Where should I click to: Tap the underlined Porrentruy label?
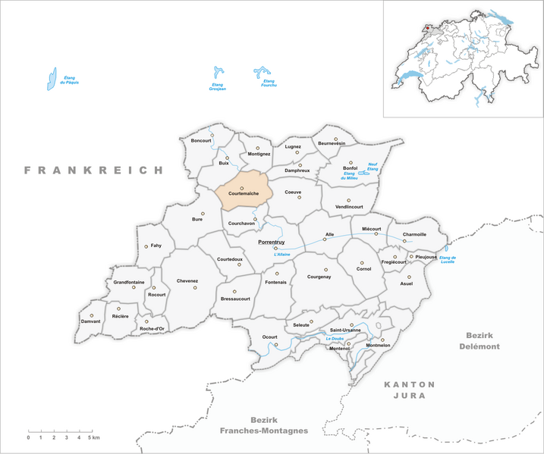[271, 240]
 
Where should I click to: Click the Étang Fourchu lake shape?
[263, 73]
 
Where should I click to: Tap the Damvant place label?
[91, 321]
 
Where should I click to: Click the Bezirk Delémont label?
[480, 340]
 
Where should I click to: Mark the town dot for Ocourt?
[276, 345]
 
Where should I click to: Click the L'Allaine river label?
[283, 253]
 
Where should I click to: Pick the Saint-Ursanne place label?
[345, 330]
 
